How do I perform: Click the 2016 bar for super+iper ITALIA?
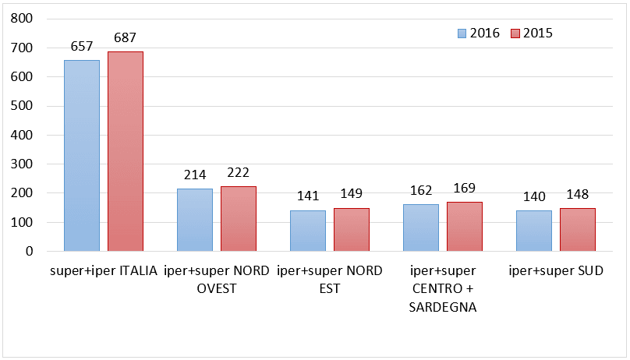81,156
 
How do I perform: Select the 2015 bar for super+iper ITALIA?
125,152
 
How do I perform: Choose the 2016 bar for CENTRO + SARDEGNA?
420,228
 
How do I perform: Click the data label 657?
81,47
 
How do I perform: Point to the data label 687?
125,37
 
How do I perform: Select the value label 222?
238,173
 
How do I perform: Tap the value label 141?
307,196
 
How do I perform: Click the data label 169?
464,189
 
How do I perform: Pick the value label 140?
533,196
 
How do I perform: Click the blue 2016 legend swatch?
462,34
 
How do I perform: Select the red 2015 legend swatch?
515,34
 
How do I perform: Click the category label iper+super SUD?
555,271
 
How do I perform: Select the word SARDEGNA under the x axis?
442,307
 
